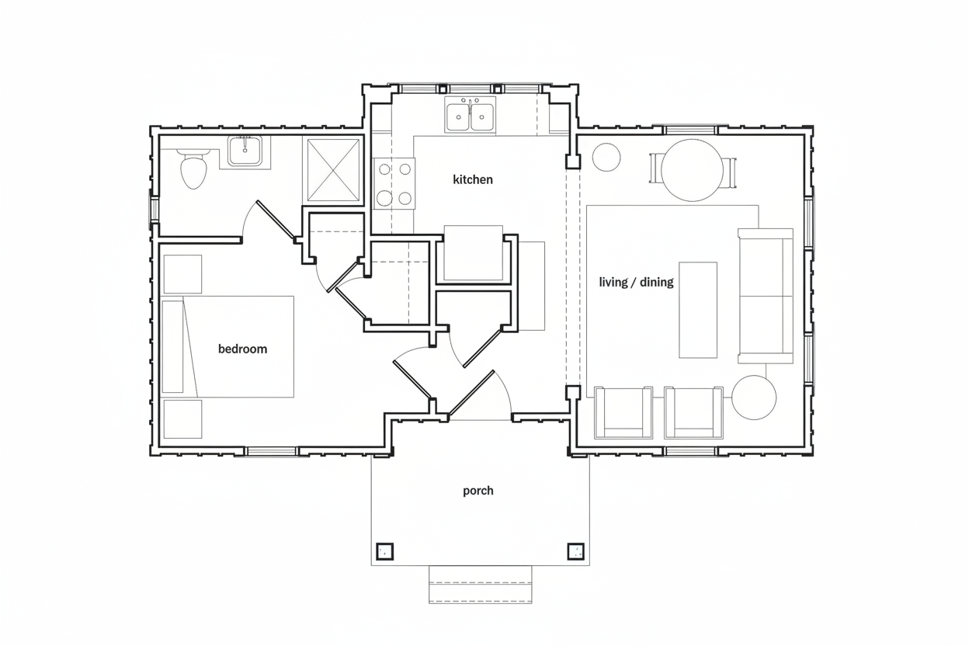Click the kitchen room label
[x=472, y=179]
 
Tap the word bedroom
[x=242, y=349]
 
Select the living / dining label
[x=636, y=282]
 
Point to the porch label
[x=478, y=491]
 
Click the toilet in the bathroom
[x=193, y=168]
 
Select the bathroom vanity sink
[x=245, y=151]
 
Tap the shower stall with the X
[x=334, y=170]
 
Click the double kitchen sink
[x=470, y=114]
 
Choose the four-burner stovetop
[x=394, y=184]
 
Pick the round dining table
[x=692, y=170]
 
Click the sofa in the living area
[x=766, y=296]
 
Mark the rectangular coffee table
[x=698, y=310]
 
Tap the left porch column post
[x=384, y=551]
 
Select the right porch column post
[x=576, y=551]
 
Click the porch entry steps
[x=480, y=584]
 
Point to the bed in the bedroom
[x=228, y=346]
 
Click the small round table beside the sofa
[x=754, y=398]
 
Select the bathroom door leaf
[x=276, y=221]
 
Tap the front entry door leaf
[x=471, y=393]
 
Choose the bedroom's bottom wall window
[x=272, y=452]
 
